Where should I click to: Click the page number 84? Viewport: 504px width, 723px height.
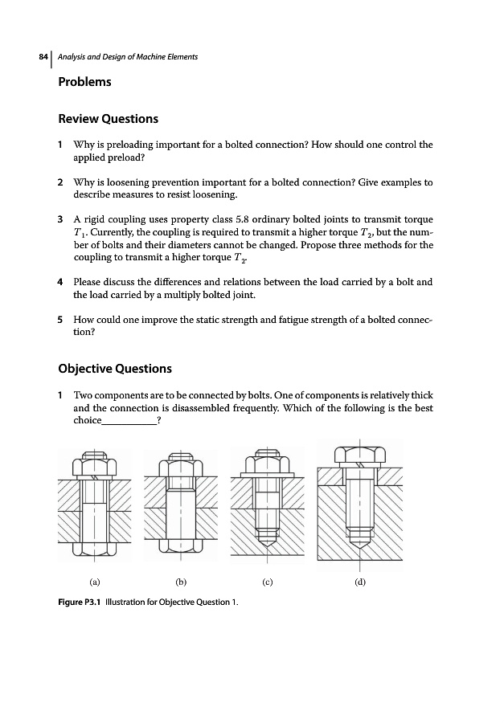[43, 57]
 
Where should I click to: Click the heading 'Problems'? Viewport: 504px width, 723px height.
[84, 82]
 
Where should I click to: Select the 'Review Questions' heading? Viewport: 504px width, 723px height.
[109, 119]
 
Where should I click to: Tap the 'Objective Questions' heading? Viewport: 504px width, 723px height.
[115, 369]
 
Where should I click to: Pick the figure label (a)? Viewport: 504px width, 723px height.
[95, 584]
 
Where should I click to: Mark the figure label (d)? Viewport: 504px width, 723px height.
[359, 584]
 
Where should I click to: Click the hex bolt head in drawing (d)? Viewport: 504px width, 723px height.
[359, 455]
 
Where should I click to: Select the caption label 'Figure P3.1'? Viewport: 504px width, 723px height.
[85, 602]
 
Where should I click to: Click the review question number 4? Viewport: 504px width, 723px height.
[61, 283]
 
